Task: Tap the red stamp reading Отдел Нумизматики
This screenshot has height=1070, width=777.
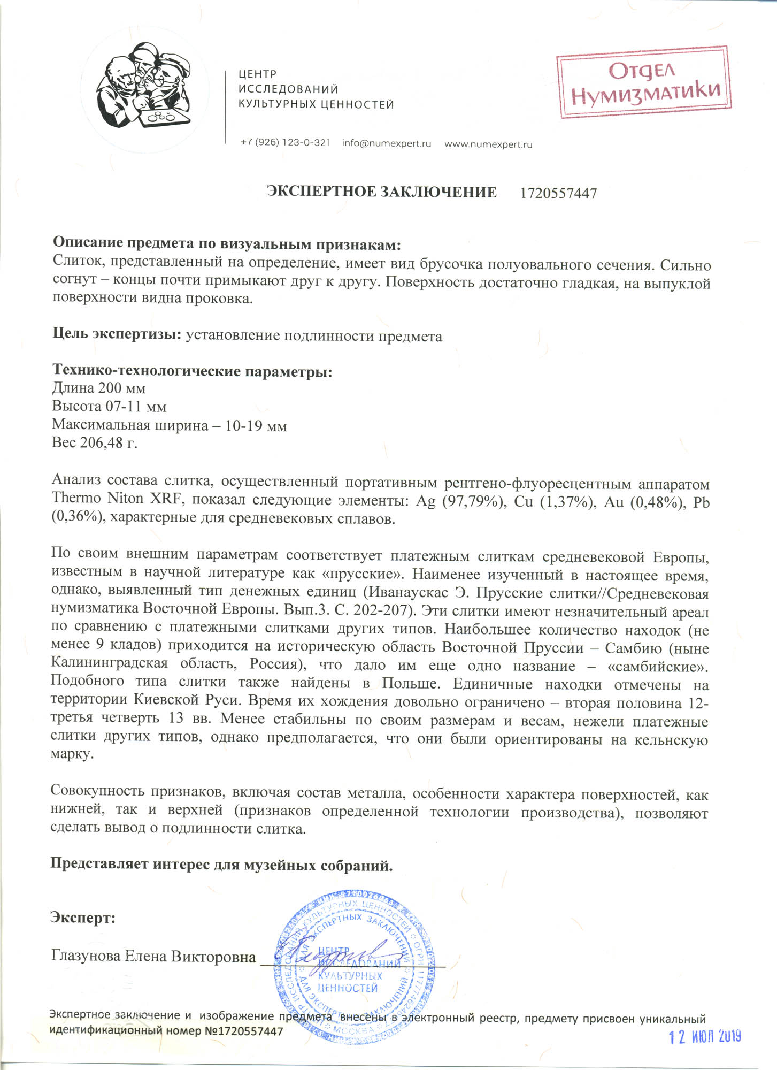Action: [643, 82]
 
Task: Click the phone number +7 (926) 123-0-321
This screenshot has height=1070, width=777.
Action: [286, 143]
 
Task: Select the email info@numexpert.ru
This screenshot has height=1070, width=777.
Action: [386, 143]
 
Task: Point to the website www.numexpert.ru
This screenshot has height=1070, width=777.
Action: [488, 144]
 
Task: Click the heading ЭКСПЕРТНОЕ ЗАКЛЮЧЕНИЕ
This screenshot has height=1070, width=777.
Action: [382, 192]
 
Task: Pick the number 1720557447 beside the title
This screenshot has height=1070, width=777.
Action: [558, 193]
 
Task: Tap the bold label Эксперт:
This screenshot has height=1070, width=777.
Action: [83, 917]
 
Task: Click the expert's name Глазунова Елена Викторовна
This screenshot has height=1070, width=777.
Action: [153, 956]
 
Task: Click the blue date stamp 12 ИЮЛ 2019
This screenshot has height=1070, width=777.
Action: [705, 1036]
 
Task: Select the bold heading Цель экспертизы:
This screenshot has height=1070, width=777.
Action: [117, 334]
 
